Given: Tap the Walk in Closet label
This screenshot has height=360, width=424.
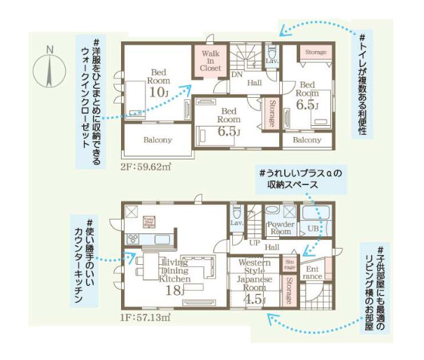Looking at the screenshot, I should (x=211, y=61).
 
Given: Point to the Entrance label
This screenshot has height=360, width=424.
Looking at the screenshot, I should (x=311, y=272).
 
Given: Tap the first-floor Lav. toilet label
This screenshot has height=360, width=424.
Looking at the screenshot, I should (x=236, y=222).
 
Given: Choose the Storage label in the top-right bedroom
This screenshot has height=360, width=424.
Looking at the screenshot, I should (x=316, y=52).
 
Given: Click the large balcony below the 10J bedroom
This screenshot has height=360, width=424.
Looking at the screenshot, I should (x=157, y=140).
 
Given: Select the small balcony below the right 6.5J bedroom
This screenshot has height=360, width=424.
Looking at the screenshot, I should (x=307, y=140).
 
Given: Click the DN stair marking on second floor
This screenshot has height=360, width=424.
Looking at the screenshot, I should (x=237, y=74).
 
